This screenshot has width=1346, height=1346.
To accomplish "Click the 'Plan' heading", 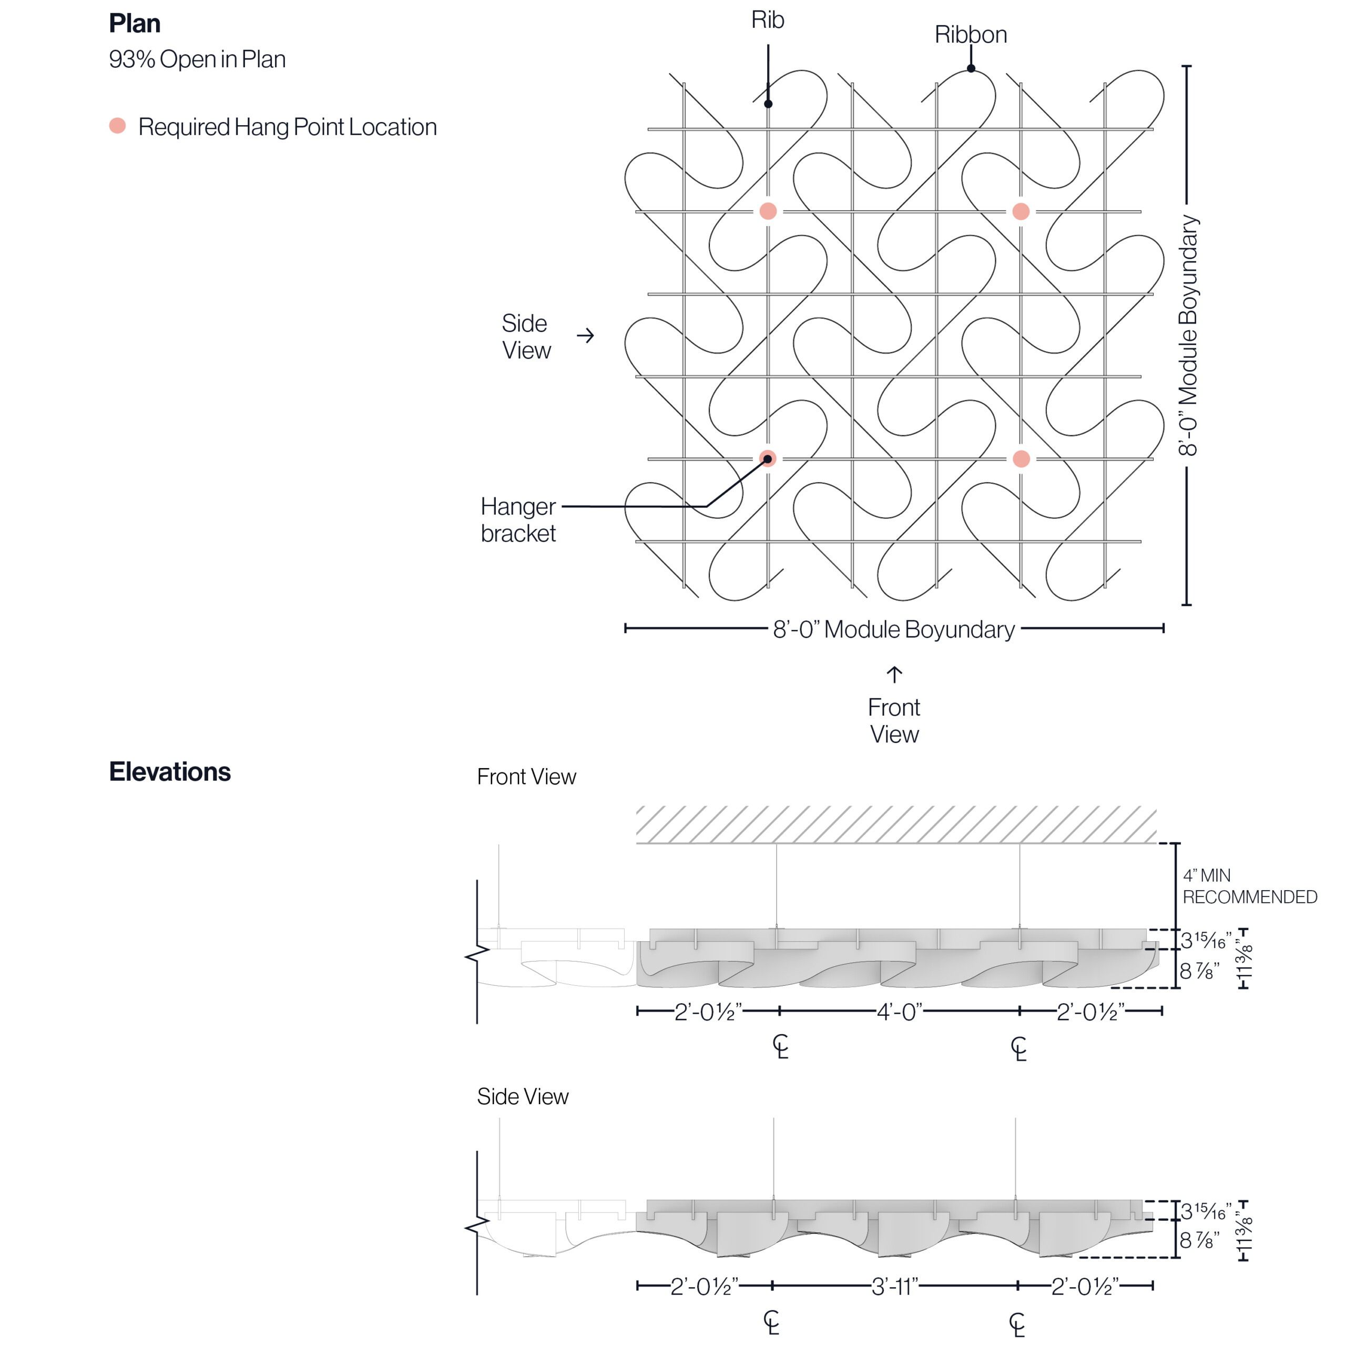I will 135,24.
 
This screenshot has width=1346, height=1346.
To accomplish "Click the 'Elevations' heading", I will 169,772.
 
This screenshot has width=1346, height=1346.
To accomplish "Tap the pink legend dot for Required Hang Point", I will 118,126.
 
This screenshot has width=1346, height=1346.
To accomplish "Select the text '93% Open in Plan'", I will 197,59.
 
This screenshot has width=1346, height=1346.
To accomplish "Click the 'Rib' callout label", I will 767,20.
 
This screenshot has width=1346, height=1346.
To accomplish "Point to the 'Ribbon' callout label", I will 971,35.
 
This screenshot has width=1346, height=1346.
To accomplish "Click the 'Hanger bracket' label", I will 518,519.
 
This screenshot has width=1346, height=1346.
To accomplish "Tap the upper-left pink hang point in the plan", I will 768,211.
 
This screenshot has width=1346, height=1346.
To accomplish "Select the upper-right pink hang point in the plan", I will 1021,211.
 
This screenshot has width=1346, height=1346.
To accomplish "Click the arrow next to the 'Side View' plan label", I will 585,336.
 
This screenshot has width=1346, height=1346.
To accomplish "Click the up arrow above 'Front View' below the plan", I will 894,675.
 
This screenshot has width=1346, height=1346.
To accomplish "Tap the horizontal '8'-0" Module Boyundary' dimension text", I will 894,629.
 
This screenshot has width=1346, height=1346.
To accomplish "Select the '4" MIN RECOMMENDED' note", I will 1249,886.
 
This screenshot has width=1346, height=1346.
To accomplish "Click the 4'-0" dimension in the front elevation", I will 899,1012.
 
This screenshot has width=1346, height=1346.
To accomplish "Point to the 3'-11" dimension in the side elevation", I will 894,1286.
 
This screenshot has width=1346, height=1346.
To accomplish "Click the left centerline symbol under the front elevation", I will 780,1046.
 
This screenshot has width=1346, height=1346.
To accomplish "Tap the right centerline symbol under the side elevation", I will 1017,1324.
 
